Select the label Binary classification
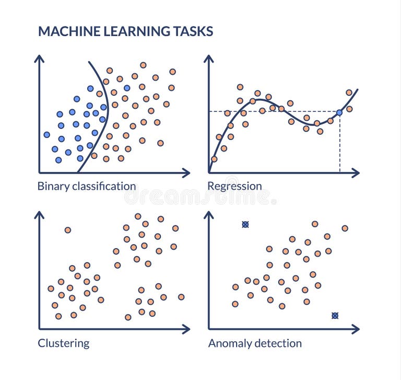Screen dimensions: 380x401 [87, 186]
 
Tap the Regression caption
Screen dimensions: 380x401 [234, 186]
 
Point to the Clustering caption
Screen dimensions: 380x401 [63, 343]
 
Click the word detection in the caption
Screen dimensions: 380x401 [277, 343]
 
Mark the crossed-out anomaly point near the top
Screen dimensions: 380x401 [245, 224]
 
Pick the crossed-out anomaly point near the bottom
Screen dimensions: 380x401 [335, 315]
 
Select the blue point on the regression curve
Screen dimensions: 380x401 [339, 112]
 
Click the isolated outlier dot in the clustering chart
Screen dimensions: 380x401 [67, 230]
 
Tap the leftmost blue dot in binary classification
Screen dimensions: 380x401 [46, 134]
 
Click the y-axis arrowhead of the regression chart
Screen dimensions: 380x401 [209, 58]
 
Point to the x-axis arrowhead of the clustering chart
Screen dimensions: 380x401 [186, 329]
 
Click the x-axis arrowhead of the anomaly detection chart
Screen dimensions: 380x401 [356, 329]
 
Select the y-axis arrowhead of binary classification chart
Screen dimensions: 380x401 [39, 58]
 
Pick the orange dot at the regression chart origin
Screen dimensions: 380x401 [214, 159]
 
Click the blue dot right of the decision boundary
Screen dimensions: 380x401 [127, 88]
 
